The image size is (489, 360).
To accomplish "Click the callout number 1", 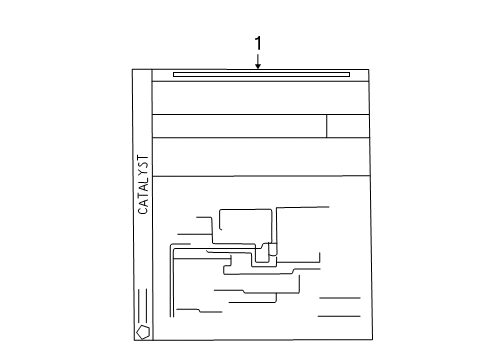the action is pos(258,43).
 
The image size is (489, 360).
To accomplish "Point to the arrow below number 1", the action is pos(258,62).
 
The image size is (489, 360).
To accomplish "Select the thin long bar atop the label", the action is pos(261,73).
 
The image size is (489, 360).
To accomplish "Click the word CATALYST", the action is pos(142,184).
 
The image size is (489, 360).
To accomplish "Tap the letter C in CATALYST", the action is pos(142,211).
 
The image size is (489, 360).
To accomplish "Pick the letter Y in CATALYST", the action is pos(142,171).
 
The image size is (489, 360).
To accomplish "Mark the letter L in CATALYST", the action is pos(142,180).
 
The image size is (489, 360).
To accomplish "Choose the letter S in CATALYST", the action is pos(142,163).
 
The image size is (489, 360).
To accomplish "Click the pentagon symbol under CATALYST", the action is pos(142,330).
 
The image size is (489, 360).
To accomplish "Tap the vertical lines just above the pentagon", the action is pos(142,302).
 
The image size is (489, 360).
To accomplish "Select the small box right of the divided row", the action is pos(348,125).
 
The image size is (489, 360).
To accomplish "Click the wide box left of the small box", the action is pos(239,125).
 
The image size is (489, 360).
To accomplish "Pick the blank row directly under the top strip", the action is pos(261,98).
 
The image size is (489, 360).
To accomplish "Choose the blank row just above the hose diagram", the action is pos(261,156).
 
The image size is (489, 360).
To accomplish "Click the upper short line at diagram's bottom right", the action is pos(339,298).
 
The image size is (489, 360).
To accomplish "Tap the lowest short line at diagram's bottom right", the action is pos(339,316).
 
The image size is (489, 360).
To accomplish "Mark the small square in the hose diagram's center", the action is pos(272,249).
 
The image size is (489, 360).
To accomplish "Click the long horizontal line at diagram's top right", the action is pos(302,206).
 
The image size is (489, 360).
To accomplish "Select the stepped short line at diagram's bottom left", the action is pos(201,312).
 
